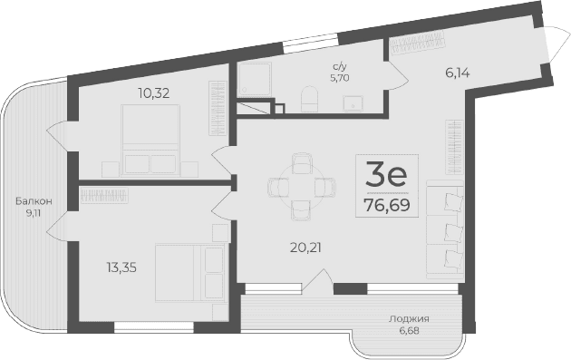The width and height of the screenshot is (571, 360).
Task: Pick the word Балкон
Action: point(34,200)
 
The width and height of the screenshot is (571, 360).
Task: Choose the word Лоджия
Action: point(409,319)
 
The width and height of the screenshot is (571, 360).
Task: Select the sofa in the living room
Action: point(443,228)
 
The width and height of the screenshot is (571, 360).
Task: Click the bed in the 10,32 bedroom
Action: point(150,138)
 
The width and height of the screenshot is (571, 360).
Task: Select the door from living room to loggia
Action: point(315,280)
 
